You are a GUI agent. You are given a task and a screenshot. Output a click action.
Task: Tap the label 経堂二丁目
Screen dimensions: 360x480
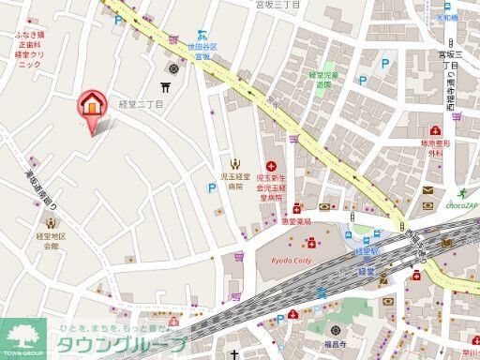tap(141, 105)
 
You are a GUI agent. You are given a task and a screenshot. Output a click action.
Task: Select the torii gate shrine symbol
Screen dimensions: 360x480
tap(169, 87)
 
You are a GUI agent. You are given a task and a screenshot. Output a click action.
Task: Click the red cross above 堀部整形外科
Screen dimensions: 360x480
tap(434, 131)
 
